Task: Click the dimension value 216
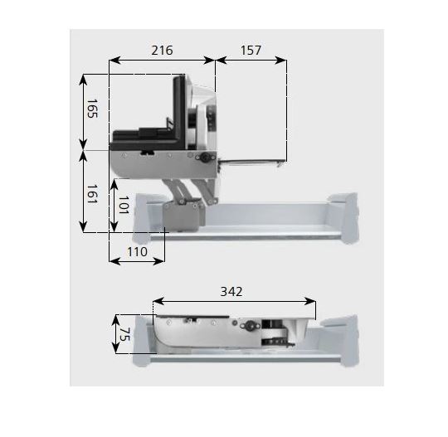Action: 162,51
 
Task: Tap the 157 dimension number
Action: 251,51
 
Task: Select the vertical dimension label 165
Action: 92,109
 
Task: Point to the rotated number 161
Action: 92,194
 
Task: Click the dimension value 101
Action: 124,205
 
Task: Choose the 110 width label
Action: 137,252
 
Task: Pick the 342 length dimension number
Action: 231,292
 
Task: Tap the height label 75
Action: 124,334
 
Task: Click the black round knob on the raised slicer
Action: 205,157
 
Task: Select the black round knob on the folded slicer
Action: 251,325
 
